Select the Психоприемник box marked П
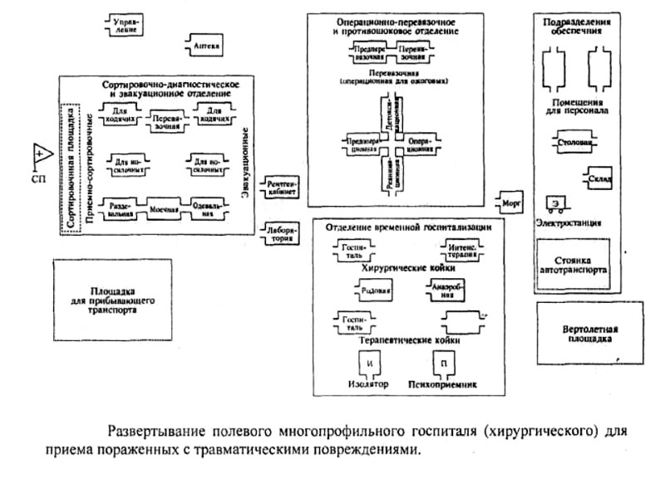point(446,364)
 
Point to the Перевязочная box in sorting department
point(168,124)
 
